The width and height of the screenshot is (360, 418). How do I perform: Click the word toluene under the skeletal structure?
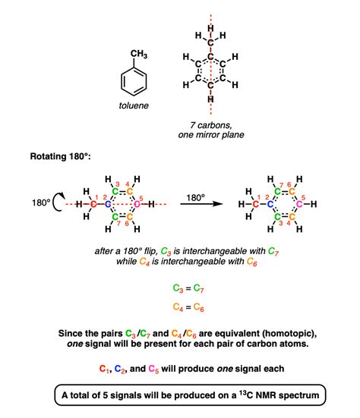pos(134,105)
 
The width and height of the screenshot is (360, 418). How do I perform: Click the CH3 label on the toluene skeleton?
pos(139,54)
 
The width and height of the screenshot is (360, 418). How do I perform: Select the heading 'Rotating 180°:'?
pos(60,156)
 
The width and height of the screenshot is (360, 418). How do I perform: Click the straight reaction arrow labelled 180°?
pos(201,204)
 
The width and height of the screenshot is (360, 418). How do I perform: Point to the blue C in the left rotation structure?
pos(108,205)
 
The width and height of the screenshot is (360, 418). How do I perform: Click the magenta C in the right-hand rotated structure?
pos(299,204)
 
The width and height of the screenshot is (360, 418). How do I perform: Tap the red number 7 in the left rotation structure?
pos(118,223)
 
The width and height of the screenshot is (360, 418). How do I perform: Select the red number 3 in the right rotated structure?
pos(280,223)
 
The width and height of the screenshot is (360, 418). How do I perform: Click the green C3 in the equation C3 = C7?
pos(178,288)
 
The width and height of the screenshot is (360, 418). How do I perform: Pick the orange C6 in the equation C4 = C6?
pos(199,307)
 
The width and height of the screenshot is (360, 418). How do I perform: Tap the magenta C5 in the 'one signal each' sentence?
pos(153,369)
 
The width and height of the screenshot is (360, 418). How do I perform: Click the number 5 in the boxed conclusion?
pos(105,395)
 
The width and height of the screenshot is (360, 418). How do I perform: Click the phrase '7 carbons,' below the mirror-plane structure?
pos(211,125)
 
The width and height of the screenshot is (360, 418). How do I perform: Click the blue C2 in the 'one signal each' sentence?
pos(120,369)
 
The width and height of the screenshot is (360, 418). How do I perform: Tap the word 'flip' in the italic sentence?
pos(150,251)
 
